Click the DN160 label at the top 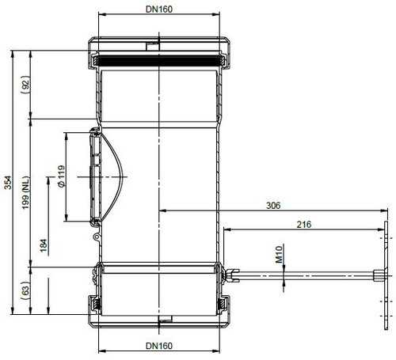tap(159, 9)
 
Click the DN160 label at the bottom tap(159, 346)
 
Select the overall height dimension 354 tap(8, 183)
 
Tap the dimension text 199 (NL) tap(26, 193)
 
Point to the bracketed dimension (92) tap(25, 85)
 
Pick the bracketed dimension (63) tap(25, 290)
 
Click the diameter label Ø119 tap(61, 176)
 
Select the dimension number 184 tap(44, 245)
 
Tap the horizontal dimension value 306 tap(273, 206)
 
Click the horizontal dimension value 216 tap(304, 225)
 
